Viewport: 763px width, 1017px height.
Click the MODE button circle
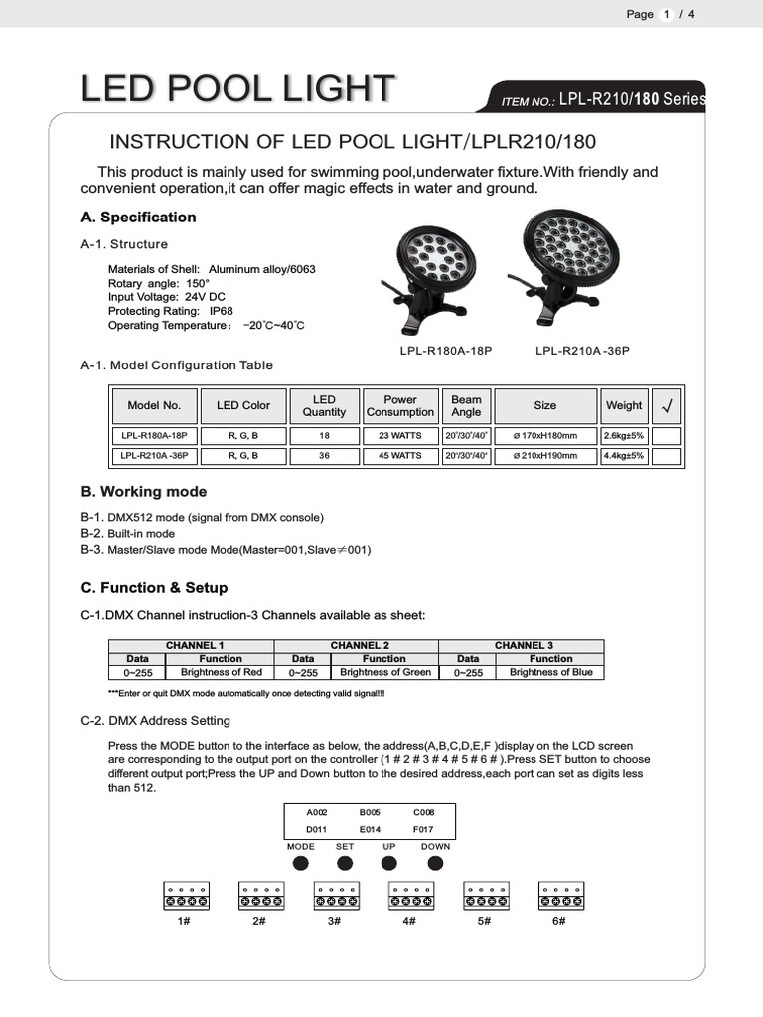[300, 863]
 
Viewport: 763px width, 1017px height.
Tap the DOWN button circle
[434, 863]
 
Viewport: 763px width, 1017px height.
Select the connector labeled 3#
[334, 896]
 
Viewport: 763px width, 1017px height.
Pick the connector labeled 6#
[559, 896]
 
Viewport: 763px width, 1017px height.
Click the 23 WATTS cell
[400, 435]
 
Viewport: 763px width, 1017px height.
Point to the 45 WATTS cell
[400, 456]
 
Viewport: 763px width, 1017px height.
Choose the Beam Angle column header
[466, 406]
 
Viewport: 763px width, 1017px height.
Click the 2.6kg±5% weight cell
[624, 435]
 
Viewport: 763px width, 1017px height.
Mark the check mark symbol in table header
[667, 406]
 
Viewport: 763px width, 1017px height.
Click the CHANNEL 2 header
[360, 646]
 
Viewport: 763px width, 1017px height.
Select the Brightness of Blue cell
[550, 672]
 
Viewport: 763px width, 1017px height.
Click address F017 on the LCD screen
[423, 827]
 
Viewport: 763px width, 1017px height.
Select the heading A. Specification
[138, 218]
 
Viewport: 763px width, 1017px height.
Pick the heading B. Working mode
[143, 492]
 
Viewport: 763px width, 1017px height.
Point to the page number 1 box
[667, 14]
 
